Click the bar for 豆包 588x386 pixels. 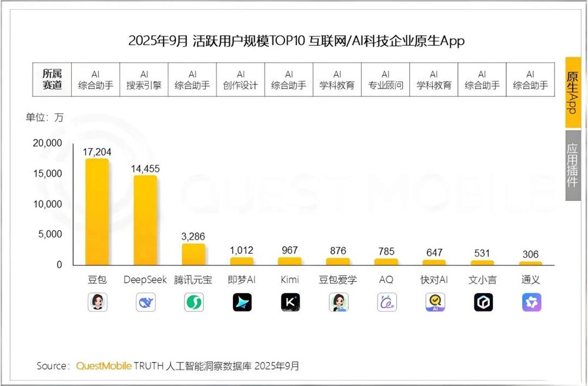coord(97,212)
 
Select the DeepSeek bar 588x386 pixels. coord(145,220)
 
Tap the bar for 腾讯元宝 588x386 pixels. coord(193,254)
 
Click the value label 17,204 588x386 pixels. coord(97,152)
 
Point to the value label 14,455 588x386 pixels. coord(145,169)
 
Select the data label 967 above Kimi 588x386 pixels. coord(290,250)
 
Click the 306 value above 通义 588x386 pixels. coord(530,254)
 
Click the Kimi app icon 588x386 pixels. coord(290,302)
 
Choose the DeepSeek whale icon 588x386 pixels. coord(145,302)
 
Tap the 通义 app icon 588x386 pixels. coord(531,302)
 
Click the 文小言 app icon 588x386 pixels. coord(483,302)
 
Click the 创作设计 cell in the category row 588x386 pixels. coord(240,80)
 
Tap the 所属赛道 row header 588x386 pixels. coord(52,80)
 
